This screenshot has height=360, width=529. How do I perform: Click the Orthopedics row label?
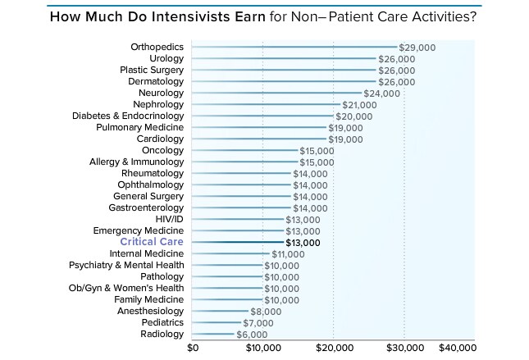pyautogui.click(x=157, y=48)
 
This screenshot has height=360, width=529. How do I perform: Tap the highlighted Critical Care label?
pyautogui.click(x=152, y=243)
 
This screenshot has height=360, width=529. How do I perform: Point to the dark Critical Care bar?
pyautogui.click(x=238, y=243)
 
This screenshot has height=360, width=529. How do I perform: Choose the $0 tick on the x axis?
pyautogui.click(x=194, y=347)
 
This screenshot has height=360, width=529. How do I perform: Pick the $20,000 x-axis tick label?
pyautogui.click(x=333, y=347)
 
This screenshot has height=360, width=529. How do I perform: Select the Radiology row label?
pyautogui.click(x=162, y=335)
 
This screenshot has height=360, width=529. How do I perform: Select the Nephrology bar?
pyautogui.click(x=267, y=105)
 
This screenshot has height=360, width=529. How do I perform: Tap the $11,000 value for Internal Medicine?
pyautogui.click(x=288, y=254)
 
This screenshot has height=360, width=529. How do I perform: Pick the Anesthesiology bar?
pyautogui.click(x=221, y=312)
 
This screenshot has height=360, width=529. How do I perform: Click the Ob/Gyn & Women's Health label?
pyautogui.click(x=126, y=289)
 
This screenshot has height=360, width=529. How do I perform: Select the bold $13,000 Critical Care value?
pyautogui.click(x=302, y=243)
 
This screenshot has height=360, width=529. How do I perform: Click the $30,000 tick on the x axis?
pyautogui.click(x=404, y=347)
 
